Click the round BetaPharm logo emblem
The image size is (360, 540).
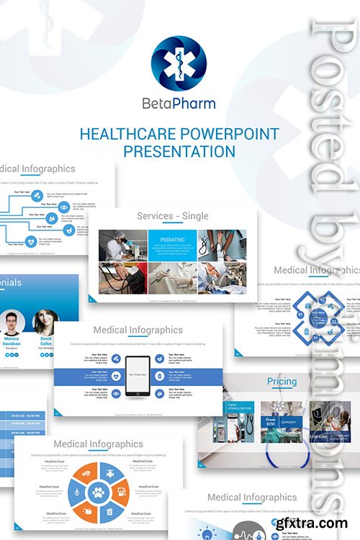(x=179, y=63)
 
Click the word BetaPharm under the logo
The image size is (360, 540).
(x=179, y=103)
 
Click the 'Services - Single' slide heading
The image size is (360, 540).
(x=173, y=215)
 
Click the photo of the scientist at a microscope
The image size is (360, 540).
(x=122, y=246)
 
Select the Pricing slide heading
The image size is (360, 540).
(x=282, y=382)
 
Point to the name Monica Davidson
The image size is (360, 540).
(x=12, y=341)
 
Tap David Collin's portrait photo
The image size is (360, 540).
(x=45, y=321)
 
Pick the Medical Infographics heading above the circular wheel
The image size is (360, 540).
(x=98, y=444)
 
